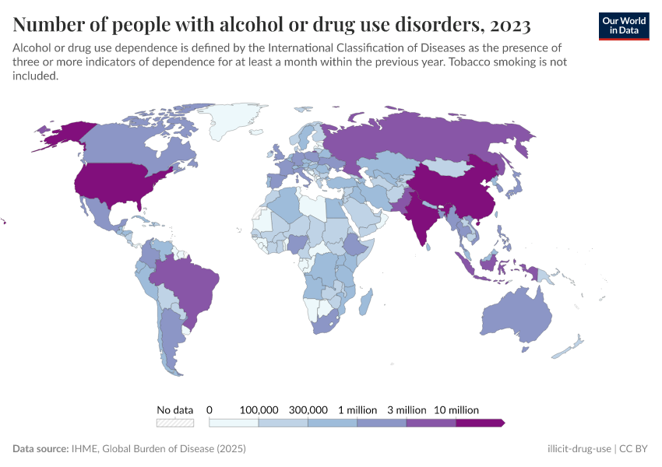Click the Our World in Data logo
tap(624, 26)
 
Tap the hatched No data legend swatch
tap(174, 423)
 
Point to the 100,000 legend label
tap(259, 409)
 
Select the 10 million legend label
tap(456, 409)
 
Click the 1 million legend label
tap(357, 409)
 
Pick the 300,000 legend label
tap(308, 409)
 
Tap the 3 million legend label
tap(407, 409)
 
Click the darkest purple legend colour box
tap(479, 423)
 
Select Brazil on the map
tap(187, 284)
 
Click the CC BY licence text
tap(635, 449)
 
